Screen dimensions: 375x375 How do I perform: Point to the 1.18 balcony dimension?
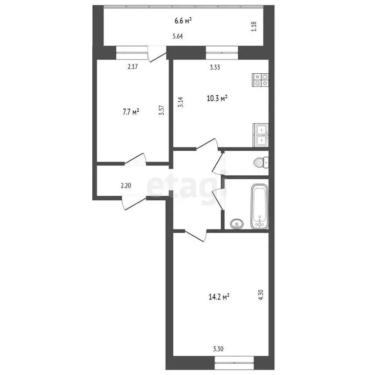point(253,27)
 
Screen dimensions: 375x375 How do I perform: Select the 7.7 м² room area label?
point(131,112)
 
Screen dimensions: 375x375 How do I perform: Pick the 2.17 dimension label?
point(132,66)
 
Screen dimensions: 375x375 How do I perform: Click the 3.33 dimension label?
point(214,68)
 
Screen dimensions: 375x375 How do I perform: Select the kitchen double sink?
point(260,136)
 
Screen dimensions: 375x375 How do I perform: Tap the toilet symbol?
point(261,162)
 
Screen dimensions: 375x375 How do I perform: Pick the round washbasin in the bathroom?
point(237,224)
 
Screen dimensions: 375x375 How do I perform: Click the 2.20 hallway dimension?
point(126,186)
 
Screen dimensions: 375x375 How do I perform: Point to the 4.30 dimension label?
point(261,296)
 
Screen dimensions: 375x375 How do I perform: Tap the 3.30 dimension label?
point(219,349)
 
